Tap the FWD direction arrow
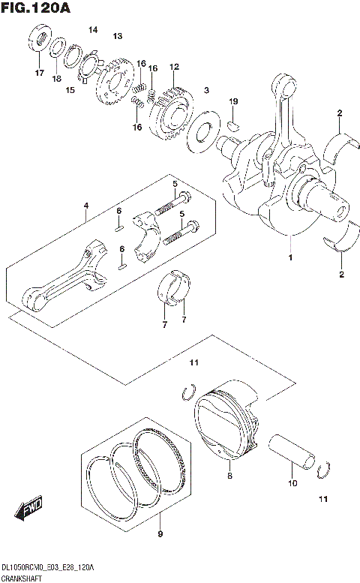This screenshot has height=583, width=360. (x=31, y=510)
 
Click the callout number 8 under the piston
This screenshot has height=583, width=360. (x=230, y=476)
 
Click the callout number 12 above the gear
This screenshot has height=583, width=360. (x=174, y=67)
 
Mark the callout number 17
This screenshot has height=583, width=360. (x=38, y=73)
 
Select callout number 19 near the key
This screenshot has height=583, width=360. (x=233, y=101)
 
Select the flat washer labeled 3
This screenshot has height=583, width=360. (x=201, y=133)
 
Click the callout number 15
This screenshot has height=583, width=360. (x=70, y=91)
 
